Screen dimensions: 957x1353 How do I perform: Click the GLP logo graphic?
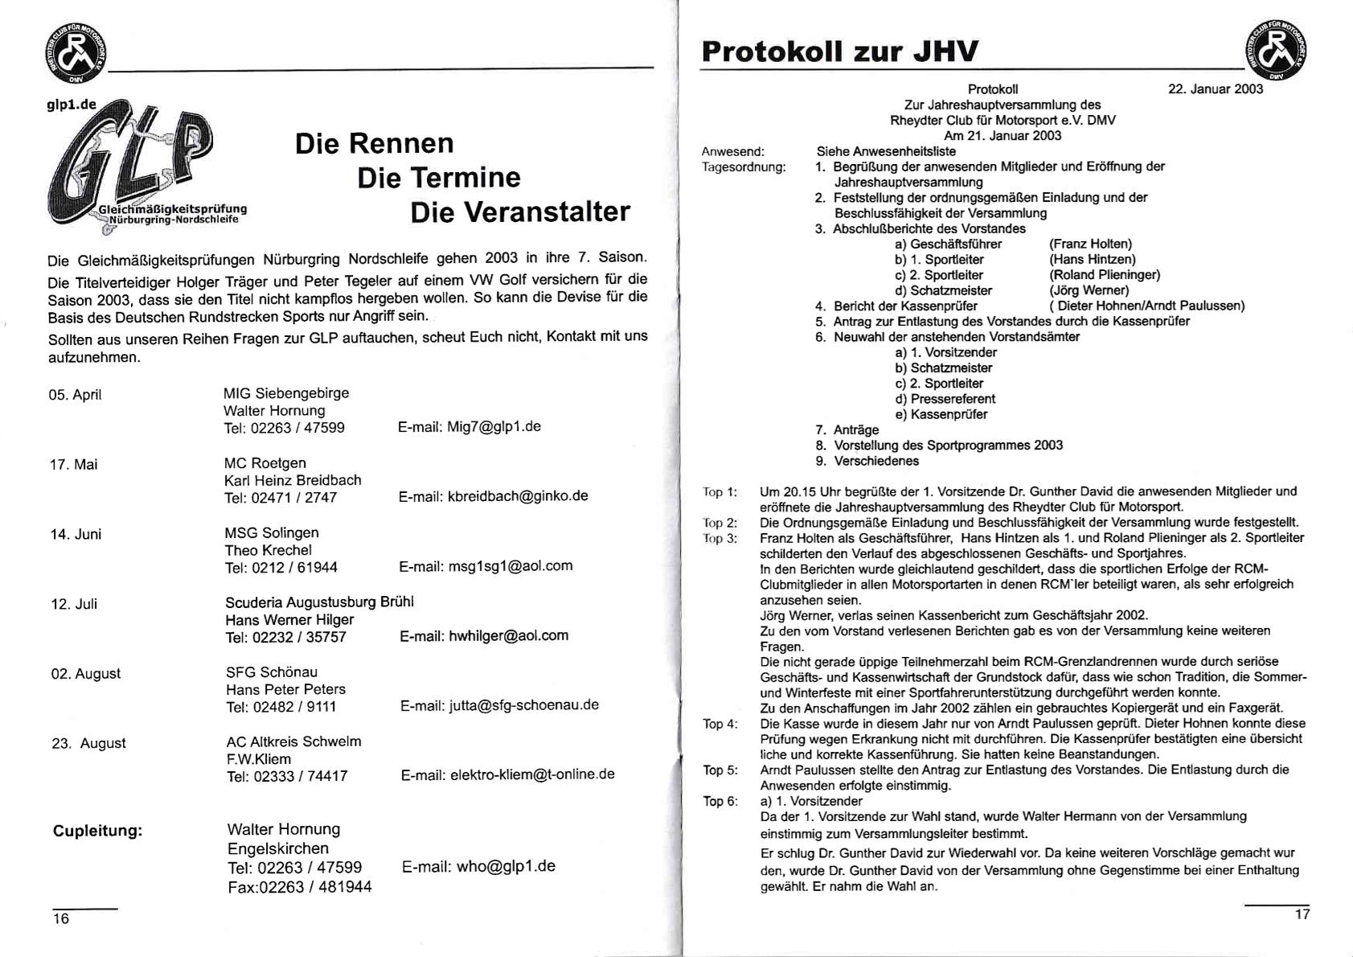point(133,165)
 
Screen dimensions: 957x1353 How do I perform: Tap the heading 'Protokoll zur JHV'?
point(839,51)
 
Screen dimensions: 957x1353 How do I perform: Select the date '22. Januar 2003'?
point(1215,89)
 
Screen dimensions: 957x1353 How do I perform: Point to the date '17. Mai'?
point(74,465)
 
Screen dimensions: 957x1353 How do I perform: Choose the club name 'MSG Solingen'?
point(272,533)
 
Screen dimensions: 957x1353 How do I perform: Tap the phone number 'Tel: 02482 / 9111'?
point(281,707)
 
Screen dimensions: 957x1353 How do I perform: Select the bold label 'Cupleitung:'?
point(97,831)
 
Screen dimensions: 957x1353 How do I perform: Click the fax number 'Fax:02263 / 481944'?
point(299,887)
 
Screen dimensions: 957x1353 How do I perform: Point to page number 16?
point(61,919)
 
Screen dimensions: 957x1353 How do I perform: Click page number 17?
point(1302,914)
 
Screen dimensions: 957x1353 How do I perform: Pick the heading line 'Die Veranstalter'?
point(520,212)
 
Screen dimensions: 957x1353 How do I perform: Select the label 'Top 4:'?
point(720,724)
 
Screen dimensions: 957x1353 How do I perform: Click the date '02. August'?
point(86,674)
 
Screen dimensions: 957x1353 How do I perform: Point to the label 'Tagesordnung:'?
point(743,167)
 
